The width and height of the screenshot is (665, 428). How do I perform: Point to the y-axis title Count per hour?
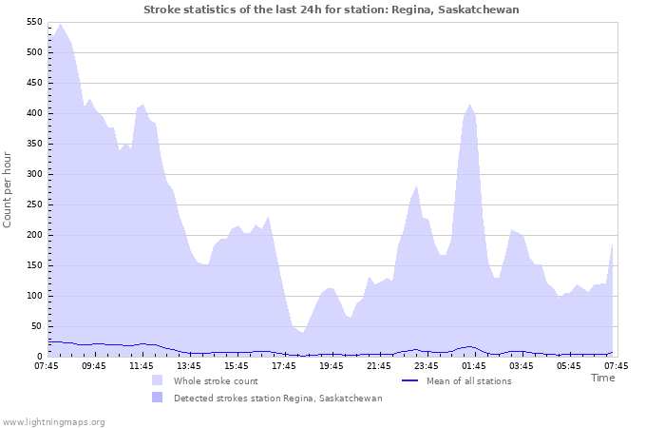(x=9, y=188)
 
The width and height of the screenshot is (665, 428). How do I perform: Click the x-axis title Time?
(x=602, y=378)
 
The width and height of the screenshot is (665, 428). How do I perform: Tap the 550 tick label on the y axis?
(x=33, y=22)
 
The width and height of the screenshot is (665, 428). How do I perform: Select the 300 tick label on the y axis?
(x=33, y=174)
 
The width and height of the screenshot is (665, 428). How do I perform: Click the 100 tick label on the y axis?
(x=33, y=296)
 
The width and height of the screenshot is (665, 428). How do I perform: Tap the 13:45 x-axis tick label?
(x=189, y=365)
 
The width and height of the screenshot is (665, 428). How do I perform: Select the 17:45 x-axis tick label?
(x=284, y=365)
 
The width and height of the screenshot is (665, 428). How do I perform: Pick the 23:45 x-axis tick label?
(x=427, y=365)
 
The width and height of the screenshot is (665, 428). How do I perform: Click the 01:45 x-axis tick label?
(x=474, y=365)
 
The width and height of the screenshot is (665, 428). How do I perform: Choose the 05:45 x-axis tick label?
(x=569, y=365)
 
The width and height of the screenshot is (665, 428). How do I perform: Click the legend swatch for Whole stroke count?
(x=157, y=380)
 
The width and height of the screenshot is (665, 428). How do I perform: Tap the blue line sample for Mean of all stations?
(x=410, y=380)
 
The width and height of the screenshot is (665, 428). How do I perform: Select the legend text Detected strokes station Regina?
(x=277, y=398)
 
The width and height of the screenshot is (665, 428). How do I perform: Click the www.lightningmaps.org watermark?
(x=54, y=421)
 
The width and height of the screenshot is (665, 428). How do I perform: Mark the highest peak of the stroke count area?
(x=60, y=25)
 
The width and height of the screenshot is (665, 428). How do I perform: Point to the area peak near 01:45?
(x=469, y=105)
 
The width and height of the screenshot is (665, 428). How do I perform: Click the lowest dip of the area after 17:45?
(x=302, y=332)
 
